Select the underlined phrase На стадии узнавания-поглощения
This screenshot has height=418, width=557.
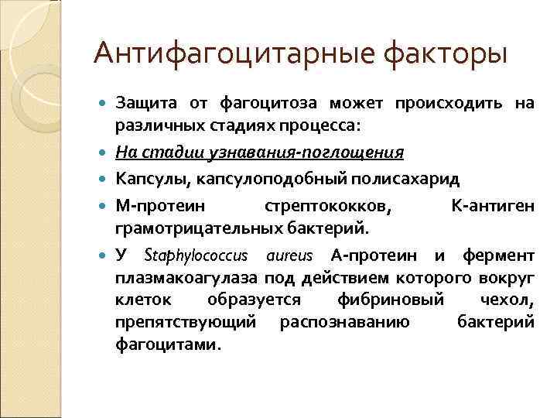[x=259, y=152]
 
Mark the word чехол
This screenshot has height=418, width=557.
[x=508, y=300]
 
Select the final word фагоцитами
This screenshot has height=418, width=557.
[x=168, y=344]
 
